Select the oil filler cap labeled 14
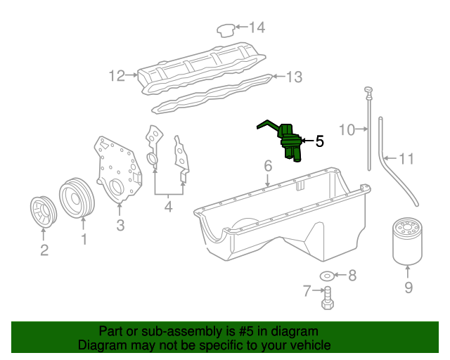point(225,30)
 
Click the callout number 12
point(116,75)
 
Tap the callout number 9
point(409,287)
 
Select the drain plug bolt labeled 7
point(327,302)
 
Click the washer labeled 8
point(327,274)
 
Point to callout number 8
point(352,275)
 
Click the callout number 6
point(268,167)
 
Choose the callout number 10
point(347,129)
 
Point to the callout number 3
point(120,225)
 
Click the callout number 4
point(168,207)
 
